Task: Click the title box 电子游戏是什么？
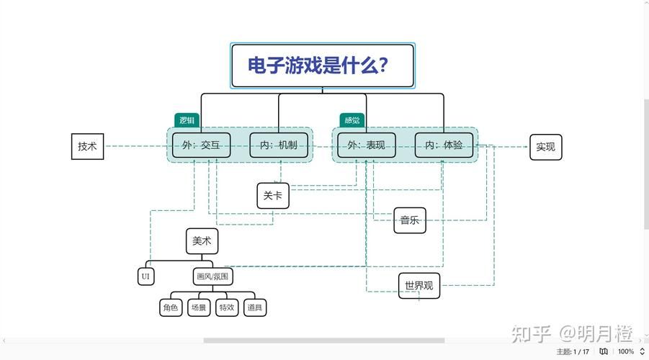click(x=322, y=66)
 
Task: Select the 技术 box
click(x=87, y=146)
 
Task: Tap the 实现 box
click(x=545, y=147)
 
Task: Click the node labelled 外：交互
click(x=201, y=145)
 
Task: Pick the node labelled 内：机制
click(x=278, y=145)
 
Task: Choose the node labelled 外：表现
click(x=367, y=145)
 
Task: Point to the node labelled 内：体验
click(x=444, y=145)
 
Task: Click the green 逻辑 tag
click(x=187, y=120)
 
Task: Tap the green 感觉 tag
click(x=352, y=120)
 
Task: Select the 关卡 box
click(x=273, y=195)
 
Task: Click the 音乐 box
click(x=410, y=220)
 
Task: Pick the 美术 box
click(x=202, y=241)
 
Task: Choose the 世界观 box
click(x=419, y=285)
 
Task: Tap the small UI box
click(x=146, y=276)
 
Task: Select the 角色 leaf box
click(x=170, y=307)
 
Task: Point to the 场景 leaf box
click(x=198, y=307)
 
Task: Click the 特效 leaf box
click(x=226, y=307)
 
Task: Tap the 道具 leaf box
click(x=254, y=307)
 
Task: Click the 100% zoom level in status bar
click(x=626, y=351)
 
